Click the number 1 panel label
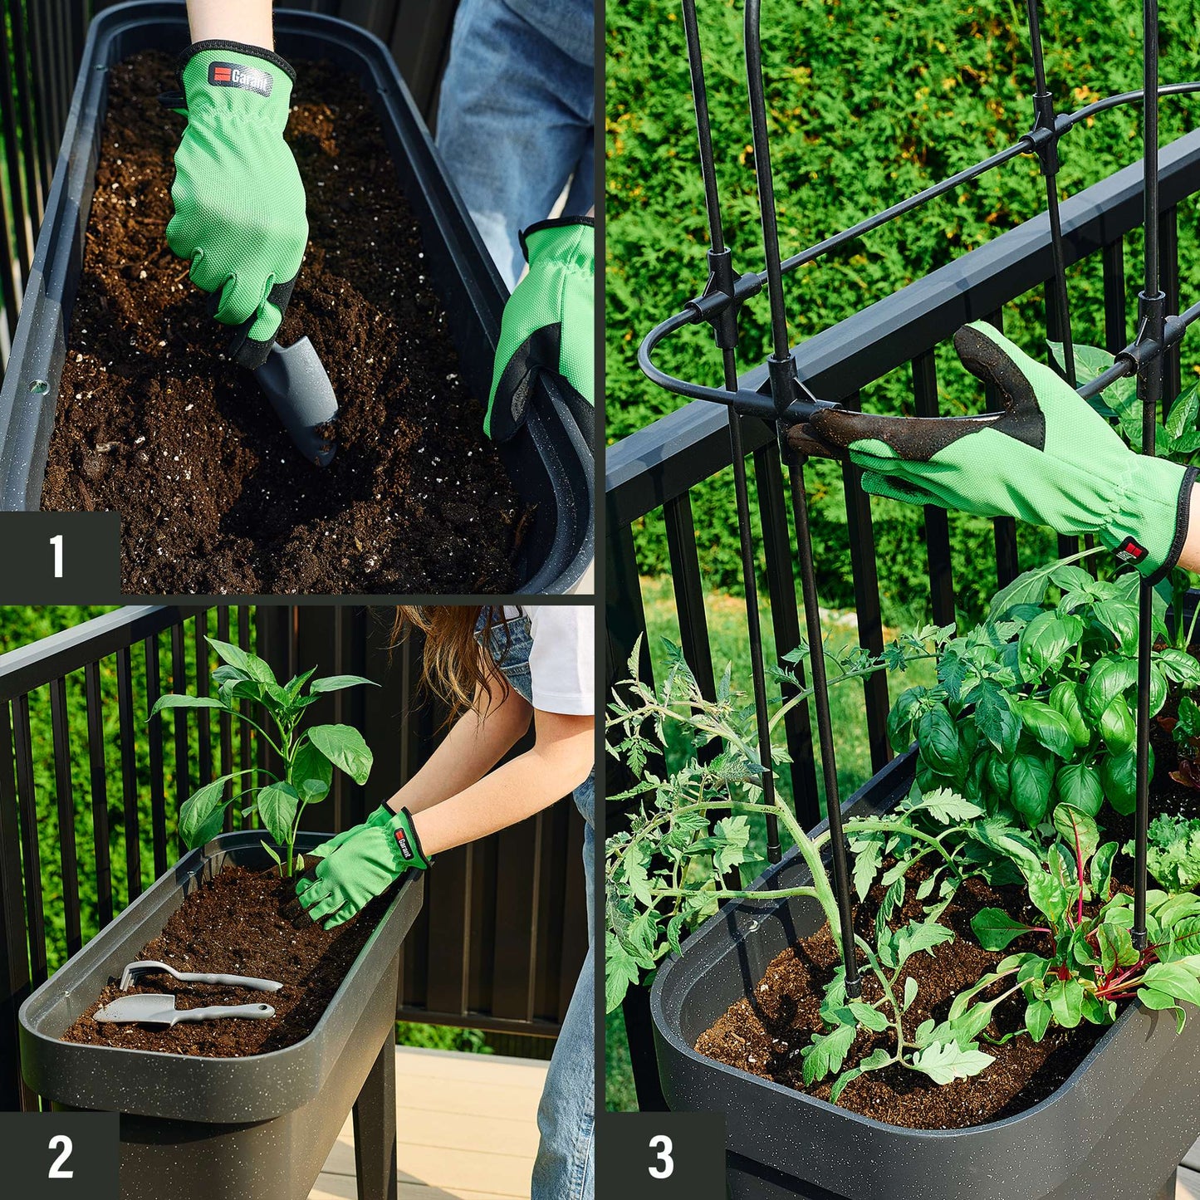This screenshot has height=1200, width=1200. pyautogui.click(x=57, y=555)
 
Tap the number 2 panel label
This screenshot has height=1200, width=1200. pyautogui.click(x=59, y=1156)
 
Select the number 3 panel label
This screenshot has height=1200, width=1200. pyautogui.click(x=660, y=1156)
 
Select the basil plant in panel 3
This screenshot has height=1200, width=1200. pyautogui.click(x=1030, y=706)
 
